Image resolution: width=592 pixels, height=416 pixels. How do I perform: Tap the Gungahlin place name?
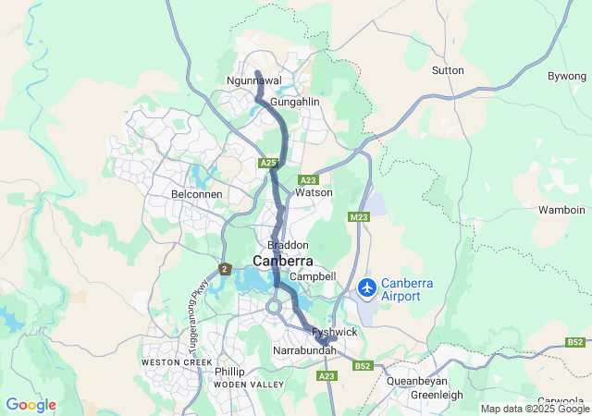[x=294, y=101]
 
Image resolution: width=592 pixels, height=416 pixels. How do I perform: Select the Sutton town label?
[x=448, y=70]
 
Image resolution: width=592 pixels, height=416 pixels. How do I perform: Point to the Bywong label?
[x=566, y=75]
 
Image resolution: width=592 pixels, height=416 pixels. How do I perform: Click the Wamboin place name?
[x=562, y=211]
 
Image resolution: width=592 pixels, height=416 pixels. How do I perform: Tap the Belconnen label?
[x=193, y=195]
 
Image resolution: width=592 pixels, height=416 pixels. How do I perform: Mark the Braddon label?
[x=287, y=245]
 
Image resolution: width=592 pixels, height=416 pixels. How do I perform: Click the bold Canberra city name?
[x=282, y=262]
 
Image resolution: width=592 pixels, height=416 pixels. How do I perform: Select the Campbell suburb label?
[x=313, y=276]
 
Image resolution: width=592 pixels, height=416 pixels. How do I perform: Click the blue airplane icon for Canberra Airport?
[x=366, y=288]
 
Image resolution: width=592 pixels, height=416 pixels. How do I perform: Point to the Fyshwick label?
[x=334, y=332]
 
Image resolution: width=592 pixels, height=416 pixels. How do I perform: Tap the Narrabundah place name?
[x=304, y=352]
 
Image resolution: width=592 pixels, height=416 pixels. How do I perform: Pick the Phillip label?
[x=229, y=371]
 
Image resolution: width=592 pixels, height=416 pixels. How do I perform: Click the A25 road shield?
[x=268, y=164]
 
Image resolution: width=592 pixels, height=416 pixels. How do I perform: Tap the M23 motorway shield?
[x=359, y=217]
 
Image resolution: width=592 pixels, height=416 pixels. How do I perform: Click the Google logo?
[x=31, y=405]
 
